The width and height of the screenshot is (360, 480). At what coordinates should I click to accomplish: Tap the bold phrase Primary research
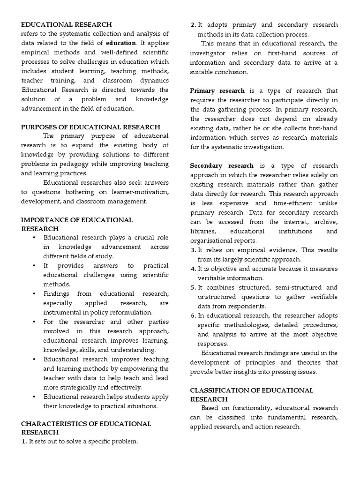[217, 90]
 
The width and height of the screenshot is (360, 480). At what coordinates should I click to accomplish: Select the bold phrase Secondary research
[222, 165]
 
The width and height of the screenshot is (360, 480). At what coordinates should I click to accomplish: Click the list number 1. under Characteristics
[24, 441]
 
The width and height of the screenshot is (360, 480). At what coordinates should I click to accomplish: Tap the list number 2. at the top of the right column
[193, 25]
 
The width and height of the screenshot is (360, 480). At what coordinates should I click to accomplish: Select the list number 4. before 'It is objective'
[193, 269]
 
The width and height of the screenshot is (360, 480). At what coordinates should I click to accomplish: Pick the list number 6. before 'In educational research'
[193, 315]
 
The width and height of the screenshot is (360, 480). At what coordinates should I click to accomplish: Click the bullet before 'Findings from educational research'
[35, 293]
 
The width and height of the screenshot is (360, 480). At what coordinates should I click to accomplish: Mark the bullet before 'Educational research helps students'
[35, 397]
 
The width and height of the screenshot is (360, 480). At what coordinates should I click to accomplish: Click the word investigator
[209, 53]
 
